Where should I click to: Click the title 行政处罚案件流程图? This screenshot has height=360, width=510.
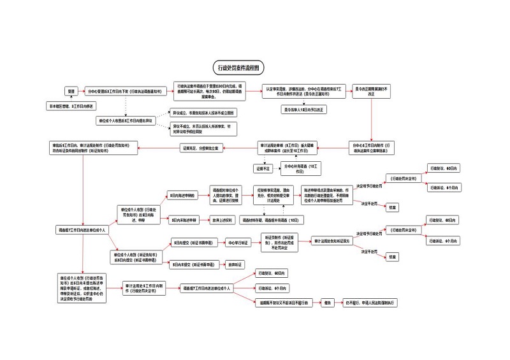tap(237, 67)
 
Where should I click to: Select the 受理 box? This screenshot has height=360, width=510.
tap(71, 91)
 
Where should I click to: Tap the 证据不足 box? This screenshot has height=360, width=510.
tap(263, 168)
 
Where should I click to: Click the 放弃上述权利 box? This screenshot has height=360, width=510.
tap(223, 219)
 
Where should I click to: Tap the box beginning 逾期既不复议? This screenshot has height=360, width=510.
tap(282, 303)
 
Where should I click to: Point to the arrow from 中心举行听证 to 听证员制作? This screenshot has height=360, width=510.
tap(255, 242)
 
